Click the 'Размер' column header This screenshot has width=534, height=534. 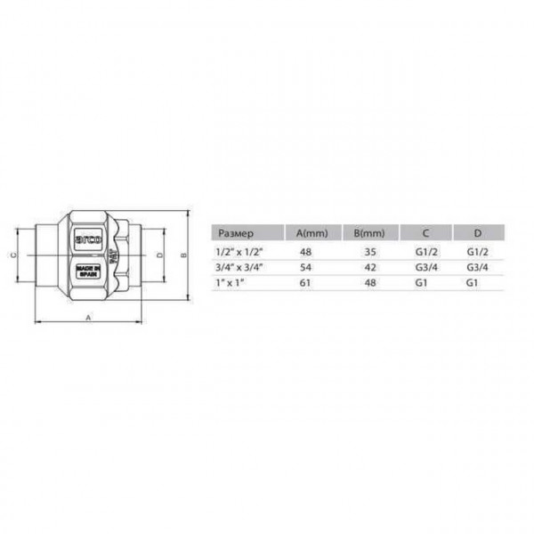pos(236,233)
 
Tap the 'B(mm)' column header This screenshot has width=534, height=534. pos(368,233)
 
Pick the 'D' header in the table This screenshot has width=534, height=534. pos(477,233)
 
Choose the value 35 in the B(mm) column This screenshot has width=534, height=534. pos(372,252)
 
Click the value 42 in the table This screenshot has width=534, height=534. pos(372,267)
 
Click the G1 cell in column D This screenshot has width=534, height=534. pos(472,282)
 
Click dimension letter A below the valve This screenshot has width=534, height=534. pos(87,317)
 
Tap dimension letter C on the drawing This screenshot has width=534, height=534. pos(12,255)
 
